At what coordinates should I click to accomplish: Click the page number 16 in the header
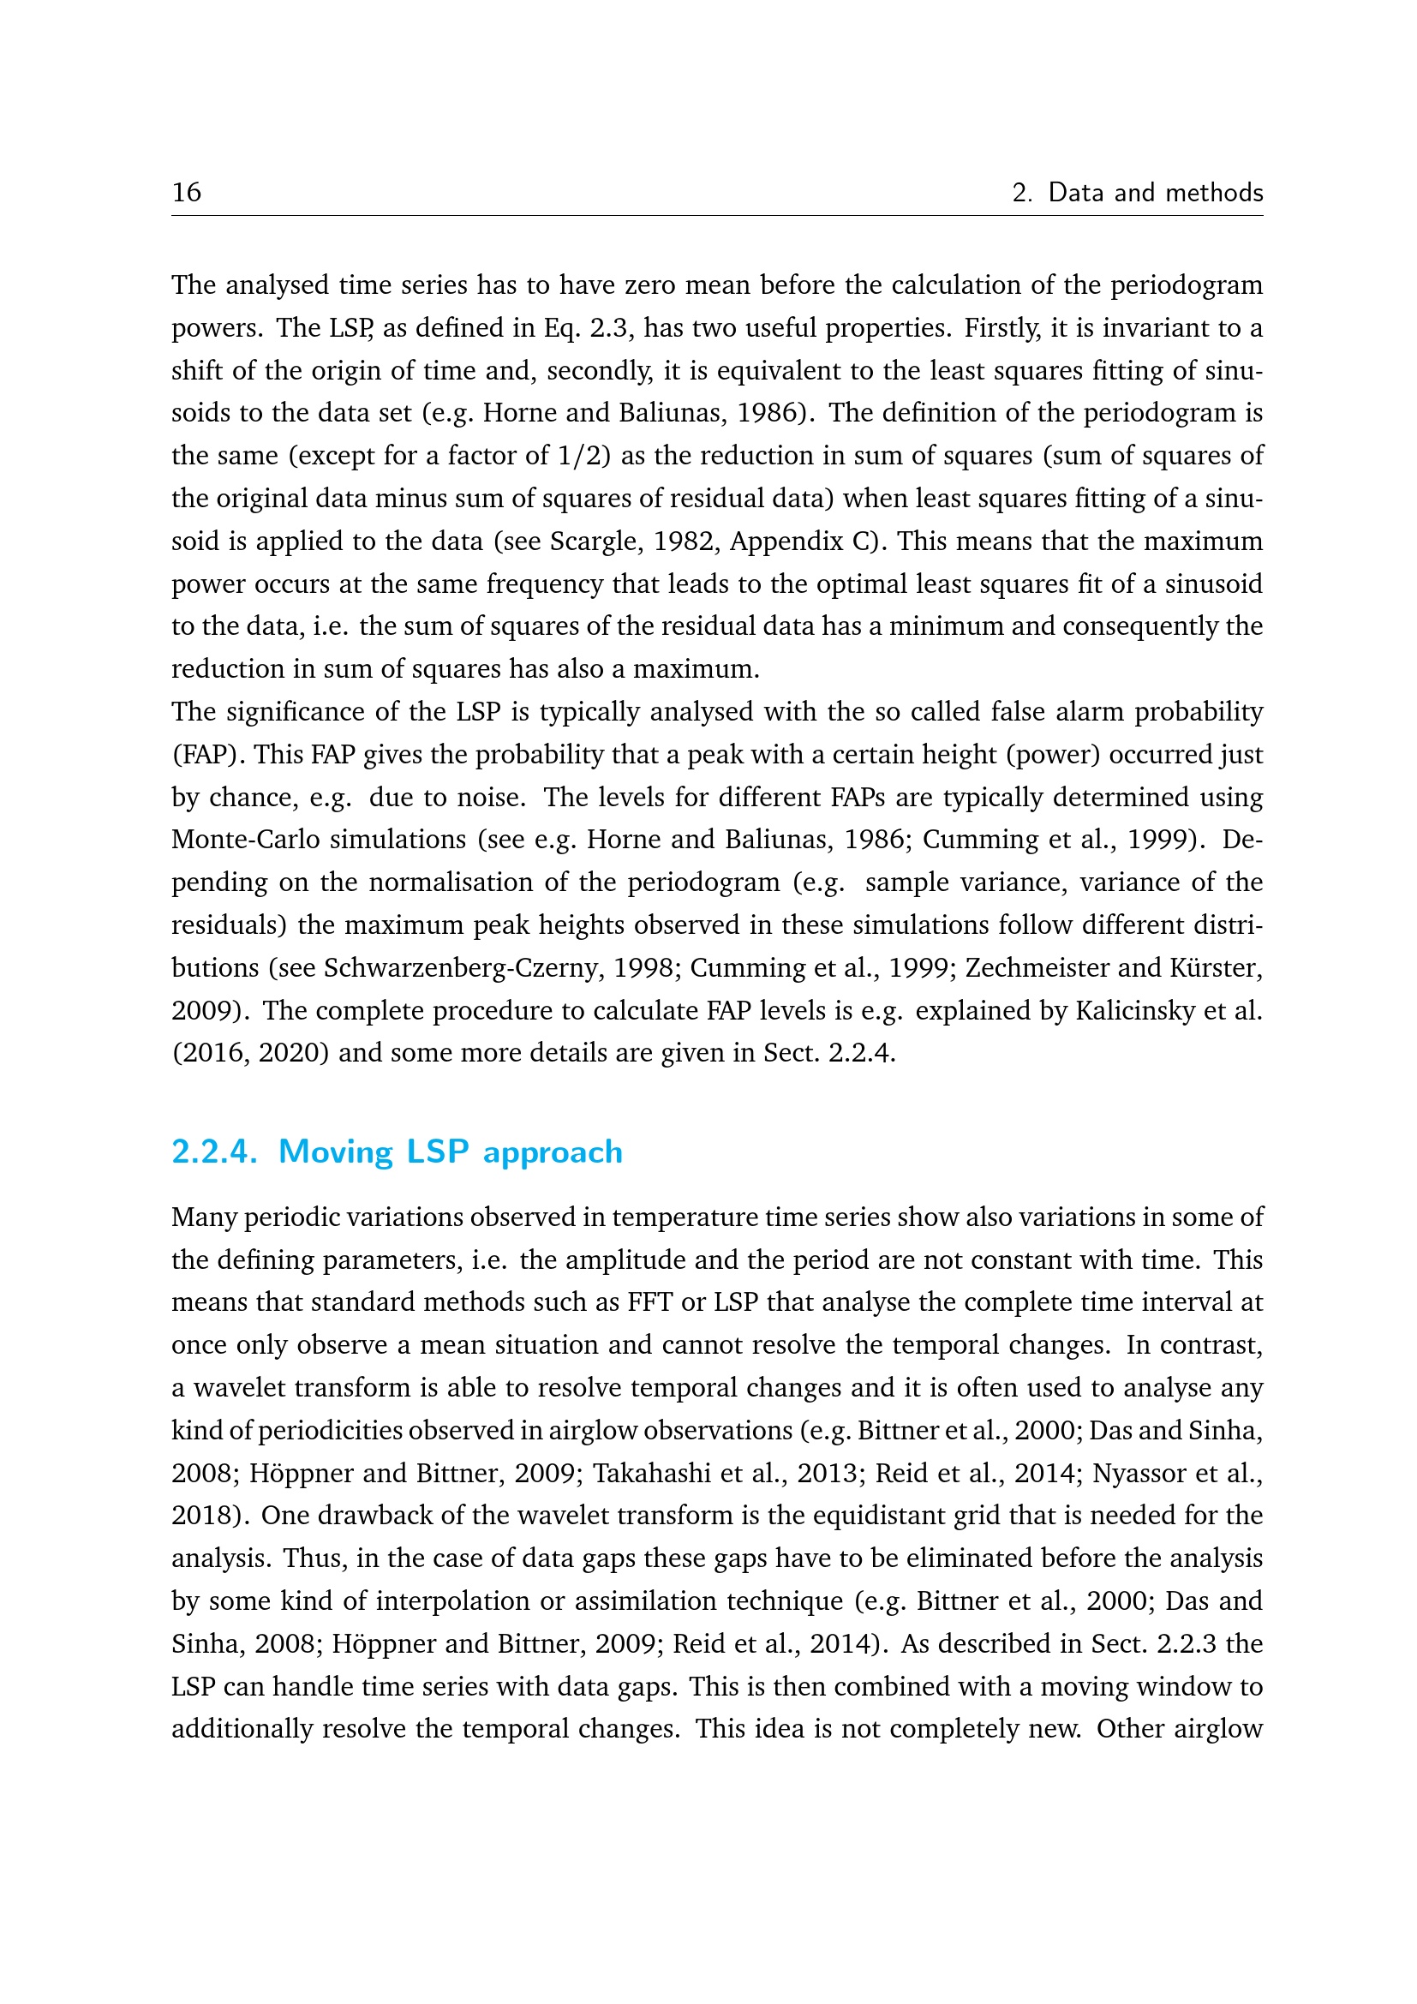tap(186, 192)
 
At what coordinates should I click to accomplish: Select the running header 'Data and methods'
tap(1155, 192)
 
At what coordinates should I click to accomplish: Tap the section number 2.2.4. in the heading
tap(214, 1152)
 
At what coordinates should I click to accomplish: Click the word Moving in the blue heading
tap(336, 1152)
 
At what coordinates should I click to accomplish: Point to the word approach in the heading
tap(553, 1153)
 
